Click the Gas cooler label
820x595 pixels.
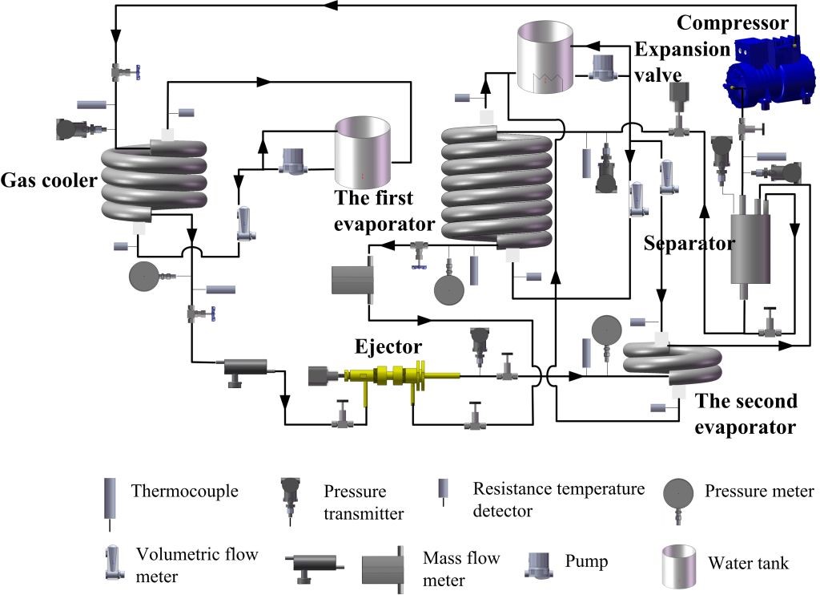(x=48, y=180)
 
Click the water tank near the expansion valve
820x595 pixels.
(x=545, y=56)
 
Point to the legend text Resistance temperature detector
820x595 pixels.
(x=559, y=498)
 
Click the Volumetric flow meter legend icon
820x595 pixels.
(x=108, y=562)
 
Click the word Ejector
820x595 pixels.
(x=388, y=346)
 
